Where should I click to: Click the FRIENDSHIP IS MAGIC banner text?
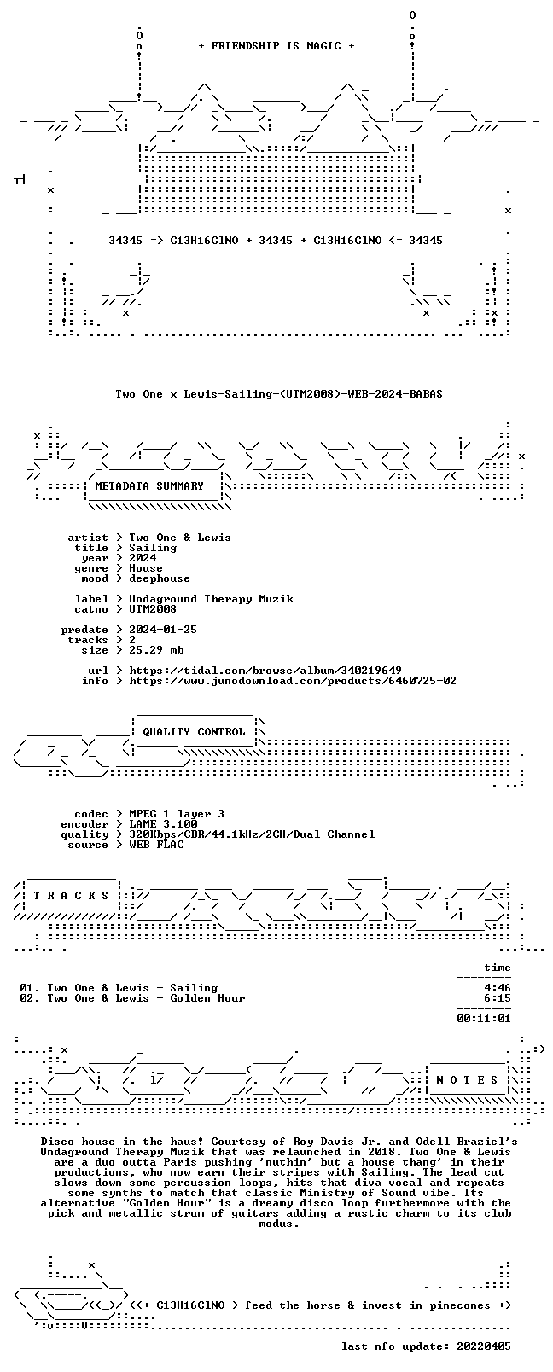point(276,46)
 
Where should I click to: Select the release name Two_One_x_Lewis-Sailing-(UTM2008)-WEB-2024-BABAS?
point(279,394)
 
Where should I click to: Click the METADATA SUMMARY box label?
point(149,486)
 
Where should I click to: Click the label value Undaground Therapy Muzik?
point(211,599)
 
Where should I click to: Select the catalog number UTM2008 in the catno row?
point(153,609)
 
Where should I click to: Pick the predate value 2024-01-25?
point(163,630)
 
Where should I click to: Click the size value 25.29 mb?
point(156,650)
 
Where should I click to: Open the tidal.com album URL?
point(265,671)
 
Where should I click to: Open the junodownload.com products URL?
point(293,681)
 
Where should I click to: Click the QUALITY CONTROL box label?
point(194,732)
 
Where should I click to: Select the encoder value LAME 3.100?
point(163,824)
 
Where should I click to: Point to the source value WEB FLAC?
point(156,845)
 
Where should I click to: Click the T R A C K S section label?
point(71,896)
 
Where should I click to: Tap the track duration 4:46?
point(498,988)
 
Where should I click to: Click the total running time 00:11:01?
point(484,1019)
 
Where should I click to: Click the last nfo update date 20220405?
point(484,1346)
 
